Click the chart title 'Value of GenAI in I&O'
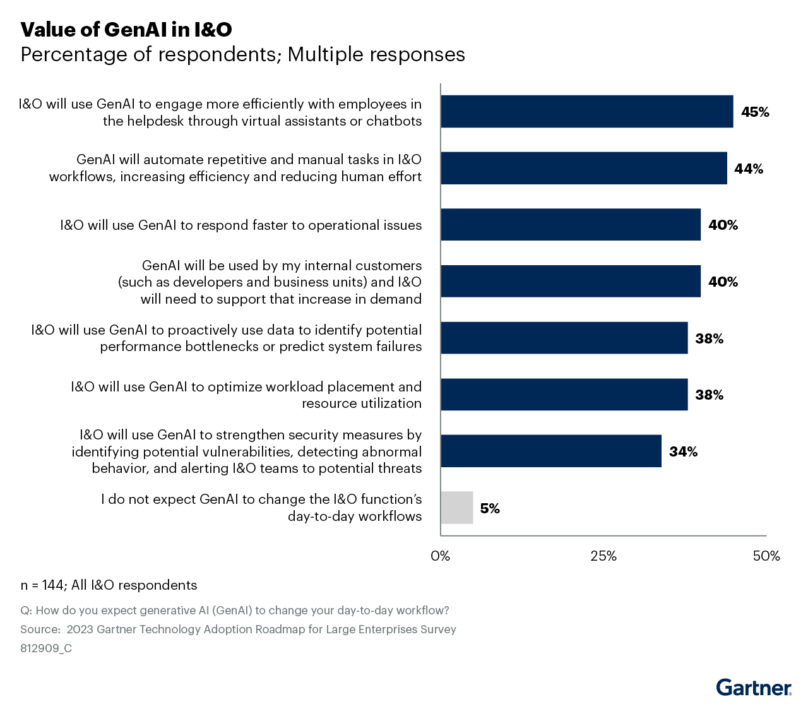click(126, 29)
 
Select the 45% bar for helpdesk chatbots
click(587, 112)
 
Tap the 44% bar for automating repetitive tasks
click(584, 168)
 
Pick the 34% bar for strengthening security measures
click(551, 451)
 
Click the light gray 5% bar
click(456, 508)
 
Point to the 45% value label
click(755, 112)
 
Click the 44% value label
click(749, 169)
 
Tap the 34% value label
click(683, 451)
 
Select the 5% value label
click(490, 508)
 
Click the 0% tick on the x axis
click(441, 556)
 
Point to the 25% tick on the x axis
click(603, 556)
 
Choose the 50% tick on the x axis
click(766, 556)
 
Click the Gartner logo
click(754, 687)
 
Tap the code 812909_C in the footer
click(46, 648)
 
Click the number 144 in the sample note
click(52, 585)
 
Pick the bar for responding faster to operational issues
click(571, 225)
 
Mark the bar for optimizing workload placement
click(564, 395)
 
